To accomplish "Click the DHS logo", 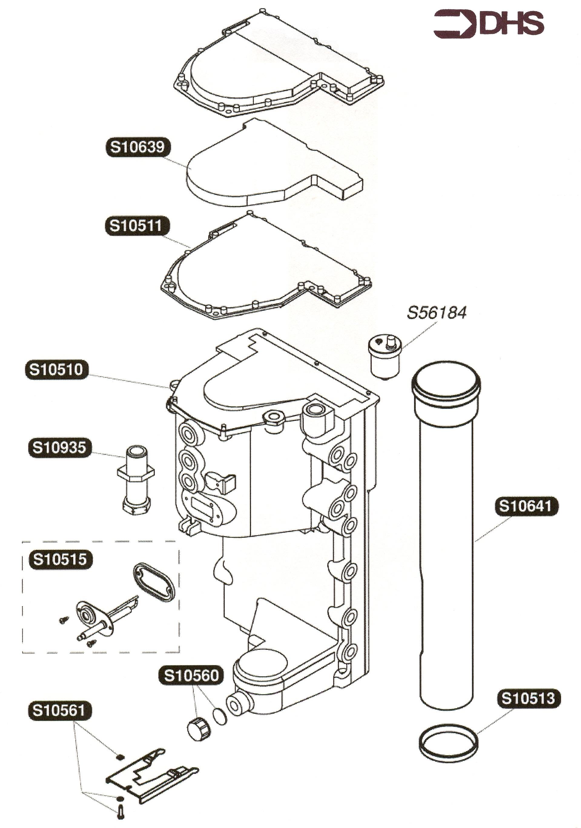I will coord(488,23).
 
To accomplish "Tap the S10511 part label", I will coord(137,226).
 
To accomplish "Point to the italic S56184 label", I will coord(437,312).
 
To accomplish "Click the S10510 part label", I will coord(56,369).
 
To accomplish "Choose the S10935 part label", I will coord(59,447).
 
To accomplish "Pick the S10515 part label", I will coord(60,559).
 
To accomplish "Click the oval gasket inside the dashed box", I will coord(154,582).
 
